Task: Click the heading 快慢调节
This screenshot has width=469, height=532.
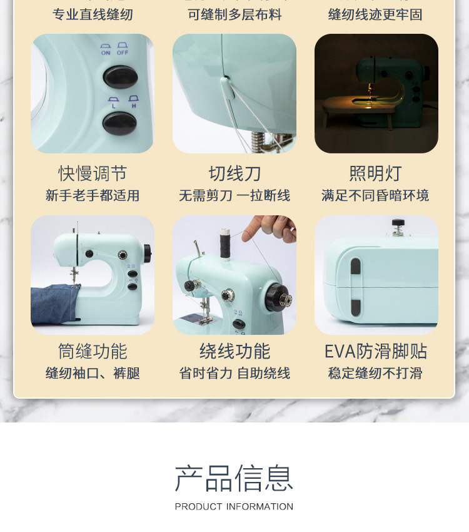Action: point(93,173)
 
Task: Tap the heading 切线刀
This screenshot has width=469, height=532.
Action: point(234,173)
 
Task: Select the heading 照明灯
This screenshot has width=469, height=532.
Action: point(375,173)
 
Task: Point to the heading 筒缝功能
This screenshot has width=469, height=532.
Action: point(93,351)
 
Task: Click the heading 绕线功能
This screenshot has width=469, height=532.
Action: point(234,351)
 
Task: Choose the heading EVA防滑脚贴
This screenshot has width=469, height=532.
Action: point(375,351)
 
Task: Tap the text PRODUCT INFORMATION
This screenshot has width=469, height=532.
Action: point(234,507)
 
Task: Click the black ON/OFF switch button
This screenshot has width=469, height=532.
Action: point(121,77)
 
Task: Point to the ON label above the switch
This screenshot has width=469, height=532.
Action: point(106,53)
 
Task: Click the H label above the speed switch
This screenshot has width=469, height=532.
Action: point(133,106)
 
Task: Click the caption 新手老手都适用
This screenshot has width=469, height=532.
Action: point(93,196)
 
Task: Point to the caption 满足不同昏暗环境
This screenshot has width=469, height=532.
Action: point(375,196)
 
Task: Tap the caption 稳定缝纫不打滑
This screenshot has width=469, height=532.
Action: point(375,374)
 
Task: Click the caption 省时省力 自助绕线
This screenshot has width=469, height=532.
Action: point(234,374)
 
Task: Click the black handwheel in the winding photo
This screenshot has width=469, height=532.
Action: point(278,297)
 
